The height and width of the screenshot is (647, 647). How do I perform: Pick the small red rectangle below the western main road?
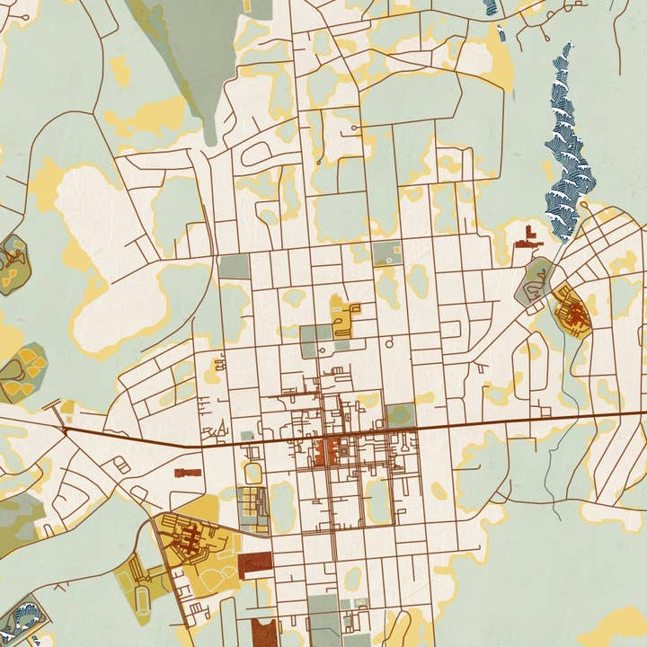[x=188, y=471]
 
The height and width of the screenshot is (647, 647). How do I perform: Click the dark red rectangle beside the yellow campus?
[x=254, y=565]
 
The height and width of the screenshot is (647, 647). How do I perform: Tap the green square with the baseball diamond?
[x=387, y=253]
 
